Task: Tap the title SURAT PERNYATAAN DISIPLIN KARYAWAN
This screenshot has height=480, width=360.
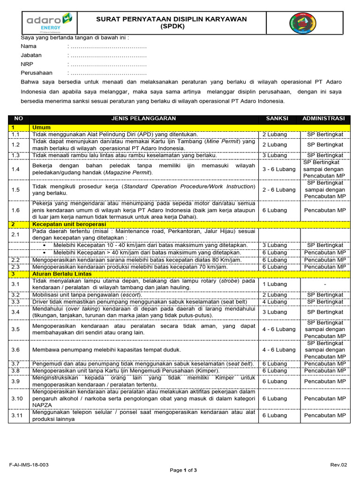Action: pos(171,19)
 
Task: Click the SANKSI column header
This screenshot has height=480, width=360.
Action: pos(277,118)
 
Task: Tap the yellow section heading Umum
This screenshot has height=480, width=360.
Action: pos(41,127)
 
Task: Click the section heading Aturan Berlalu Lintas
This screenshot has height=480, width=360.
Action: pos(62,273)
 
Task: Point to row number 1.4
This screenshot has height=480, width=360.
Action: pos(15,169)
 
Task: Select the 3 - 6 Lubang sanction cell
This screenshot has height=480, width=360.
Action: pos(279,169)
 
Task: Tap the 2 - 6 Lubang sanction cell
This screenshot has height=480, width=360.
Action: pos(279,190)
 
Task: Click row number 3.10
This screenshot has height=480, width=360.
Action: pos(17,398)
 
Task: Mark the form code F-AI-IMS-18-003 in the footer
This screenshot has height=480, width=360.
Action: pos(29,465)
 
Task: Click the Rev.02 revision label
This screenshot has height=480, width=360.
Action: pos(337,465)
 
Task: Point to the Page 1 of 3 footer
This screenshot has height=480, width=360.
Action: pos(183,470)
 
